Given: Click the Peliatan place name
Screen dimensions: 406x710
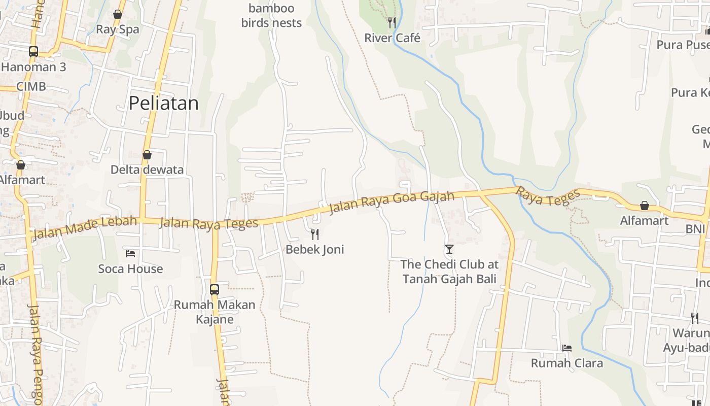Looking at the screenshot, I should tap(163, 104).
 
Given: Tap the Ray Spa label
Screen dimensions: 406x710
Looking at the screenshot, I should tap(117, 29).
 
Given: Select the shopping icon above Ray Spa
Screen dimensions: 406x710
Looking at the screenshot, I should tap(118, 14).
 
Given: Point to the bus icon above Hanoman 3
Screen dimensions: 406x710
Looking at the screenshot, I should tap(33, 51).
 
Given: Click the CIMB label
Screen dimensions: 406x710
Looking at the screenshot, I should tap(31, 86).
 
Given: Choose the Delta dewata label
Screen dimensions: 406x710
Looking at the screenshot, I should tap(147, 170).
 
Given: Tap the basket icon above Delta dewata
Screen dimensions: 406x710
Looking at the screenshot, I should tap(147, 155).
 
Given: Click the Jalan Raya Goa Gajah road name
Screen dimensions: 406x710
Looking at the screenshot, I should tap(392, 201).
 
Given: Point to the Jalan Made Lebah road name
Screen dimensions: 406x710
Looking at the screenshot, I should tap(85, 227).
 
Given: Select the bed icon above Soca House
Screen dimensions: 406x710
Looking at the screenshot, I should tap(130, 253).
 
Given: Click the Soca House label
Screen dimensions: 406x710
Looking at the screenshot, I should tap(130, 269).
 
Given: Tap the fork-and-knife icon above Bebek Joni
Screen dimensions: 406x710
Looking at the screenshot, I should tap(315, 234).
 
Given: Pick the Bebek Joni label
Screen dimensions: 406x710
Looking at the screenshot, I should tap(314, 249).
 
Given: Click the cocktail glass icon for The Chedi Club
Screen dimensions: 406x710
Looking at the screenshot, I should tap(449, 249).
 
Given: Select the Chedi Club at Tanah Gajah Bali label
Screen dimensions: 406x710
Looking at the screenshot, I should tap(449, 272).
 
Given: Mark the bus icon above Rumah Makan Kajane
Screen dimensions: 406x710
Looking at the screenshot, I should tap(215, 290).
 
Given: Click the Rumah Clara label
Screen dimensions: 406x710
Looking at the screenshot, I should tap(566, 363).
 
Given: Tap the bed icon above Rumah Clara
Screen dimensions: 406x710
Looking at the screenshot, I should tap(567, 348).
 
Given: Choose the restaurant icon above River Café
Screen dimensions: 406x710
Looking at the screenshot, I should tap(392, 22).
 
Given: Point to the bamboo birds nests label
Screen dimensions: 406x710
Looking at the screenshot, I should tap(271, 16).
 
